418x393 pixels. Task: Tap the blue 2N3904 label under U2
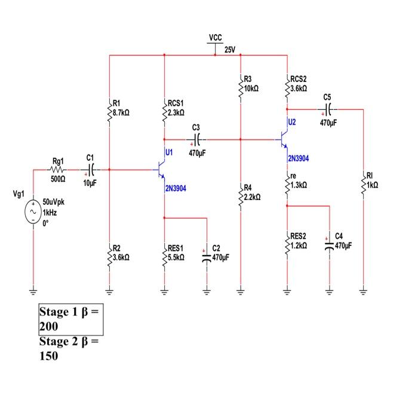tap(299, 159)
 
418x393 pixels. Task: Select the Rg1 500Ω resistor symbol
tap(58, 170)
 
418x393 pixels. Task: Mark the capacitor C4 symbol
tap(328, 245)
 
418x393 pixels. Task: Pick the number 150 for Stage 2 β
tap(49, 356)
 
